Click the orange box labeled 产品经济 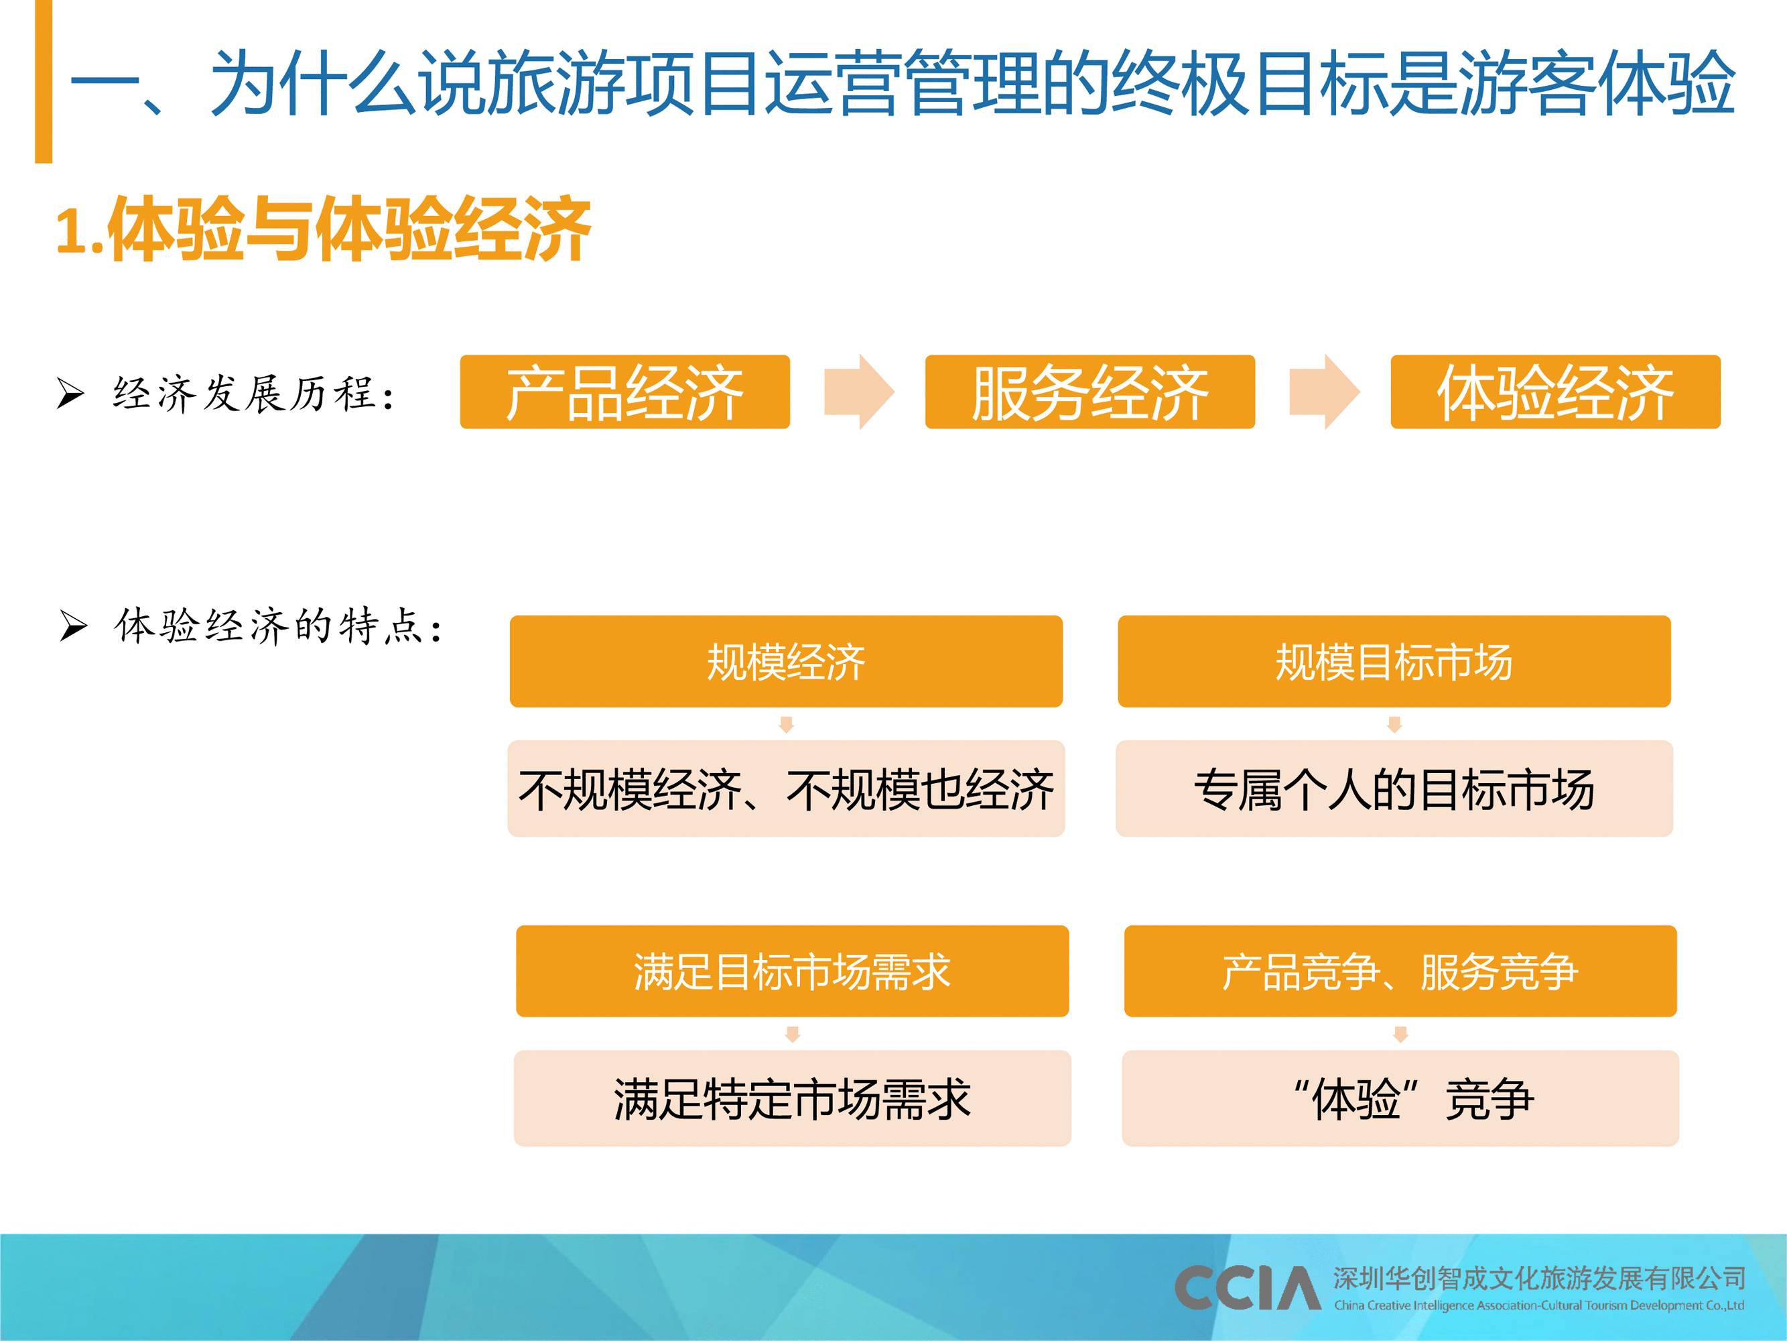pyautogui.click(x=624, y=392)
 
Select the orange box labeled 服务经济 pyautogui.click(x=1089, y=392)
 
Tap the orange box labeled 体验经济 pyautogui.click(x=1555, y=392)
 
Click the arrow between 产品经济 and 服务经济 pyautogui.click(x=859, y=392)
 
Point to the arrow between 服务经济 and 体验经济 pyautogui.click(x=1324, y=392)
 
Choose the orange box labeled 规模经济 pyautogui.click(x=786, y=661)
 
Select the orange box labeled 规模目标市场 pyautogui.click(x=1394, y=661)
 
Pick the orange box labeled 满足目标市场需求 pyautogui.click(x=793, y=971)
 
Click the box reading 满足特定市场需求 pyautogui.click(x=793, y=1098)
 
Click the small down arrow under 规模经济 pyautogui.click(x=786, y=724)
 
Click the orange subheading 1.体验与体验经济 pyautogui.click(x=323, y=229)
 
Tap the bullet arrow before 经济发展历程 pyautogui.click(x=70, y=394)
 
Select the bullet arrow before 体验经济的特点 pyautogui.click(x=73, y=626)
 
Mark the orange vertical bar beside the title pyautogui.click(x=44, y=81)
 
